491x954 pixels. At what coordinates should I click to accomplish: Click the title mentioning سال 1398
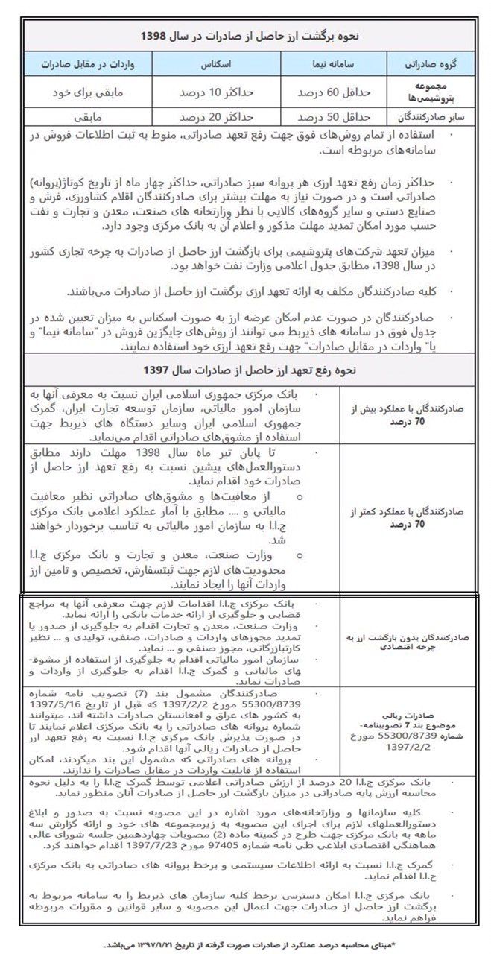click(x=245, y=35)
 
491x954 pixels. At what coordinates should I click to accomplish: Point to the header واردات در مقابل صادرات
click(x=95, y=65)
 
